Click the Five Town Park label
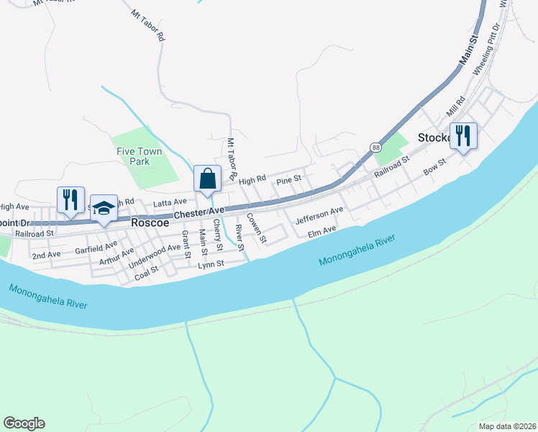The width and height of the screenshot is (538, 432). (134, 156)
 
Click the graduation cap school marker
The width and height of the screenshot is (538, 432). (104, 208)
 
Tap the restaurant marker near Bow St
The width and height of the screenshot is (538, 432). (462, 135)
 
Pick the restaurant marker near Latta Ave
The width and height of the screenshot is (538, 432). (70, 199)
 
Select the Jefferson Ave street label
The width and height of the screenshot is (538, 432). (319, 214)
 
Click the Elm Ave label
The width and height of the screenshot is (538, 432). (322, 232)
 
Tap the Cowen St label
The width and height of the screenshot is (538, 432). (256, 227)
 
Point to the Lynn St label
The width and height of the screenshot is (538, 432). (211, 264)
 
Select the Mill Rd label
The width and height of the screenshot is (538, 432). (455, 109)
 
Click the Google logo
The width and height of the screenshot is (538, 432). (24, 423)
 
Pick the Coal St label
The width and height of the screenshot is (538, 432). (145, 271)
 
